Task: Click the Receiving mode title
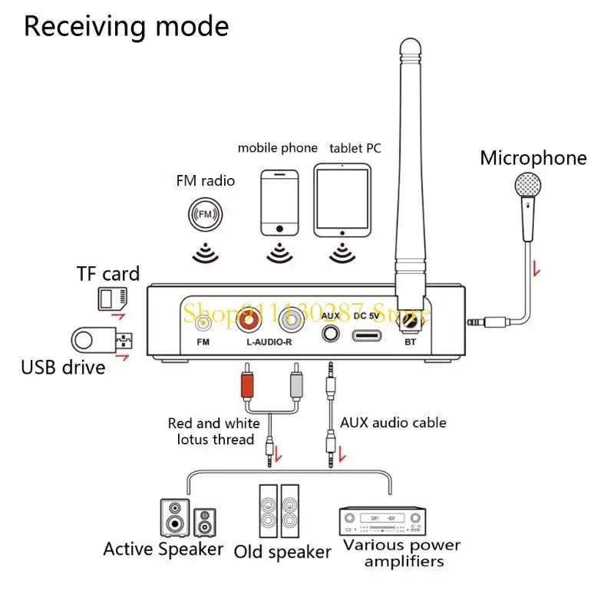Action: [x=127, y=26]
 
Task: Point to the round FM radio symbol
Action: [x=205, y=213]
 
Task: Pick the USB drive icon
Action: [x=101, y=340]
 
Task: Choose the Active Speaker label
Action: [x=163, y=549]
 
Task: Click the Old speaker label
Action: [x=282, y=551]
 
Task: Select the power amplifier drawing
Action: [x=381, y=520]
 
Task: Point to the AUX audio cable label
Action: [x=393, y=422]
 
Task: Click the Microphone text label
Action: [x=533, y=158]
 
